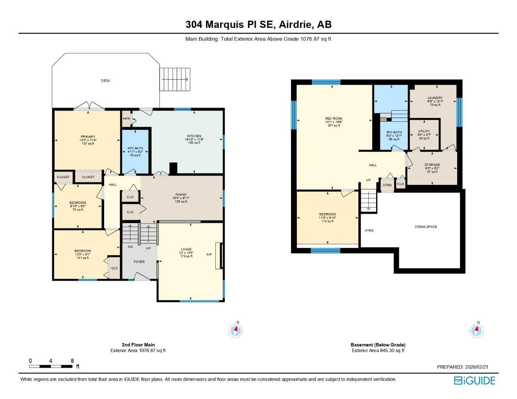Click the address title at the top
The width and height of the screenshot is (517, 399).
click(x=258, y=25)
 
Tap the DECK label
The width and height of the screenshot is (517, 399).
click(x=105, y=81)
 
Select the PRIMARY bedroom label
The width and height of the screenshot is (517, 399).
click(x=88, y=137)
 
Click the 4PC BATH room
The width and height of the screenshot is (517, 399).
click(x=135, y=152)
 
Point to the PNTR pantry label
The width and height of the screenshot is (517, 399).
click(x=126, y=118)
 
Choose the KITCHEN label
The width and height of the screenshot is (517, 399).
click(x=194, y=136)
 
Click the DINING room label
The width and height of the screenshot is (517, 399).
click(x=181, y=194)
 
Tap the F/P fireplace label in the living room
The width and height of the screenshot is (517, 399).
click(x=209, y=254)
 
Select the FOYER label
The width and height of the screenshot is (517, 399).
click(x=139, y=262)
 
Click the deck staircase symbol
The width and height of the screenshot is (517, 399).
click(x=175, y=79)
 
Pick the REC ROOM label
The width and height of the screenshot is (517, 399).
click(x=334, y=118)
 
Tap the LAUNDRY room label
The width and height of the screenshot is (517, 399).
click(x=435, y=98)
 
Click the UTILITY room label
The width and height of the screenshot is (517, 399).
click(x=424, y=131)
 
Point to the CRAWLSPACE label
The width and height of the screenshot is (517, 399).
click(x=426, y=227)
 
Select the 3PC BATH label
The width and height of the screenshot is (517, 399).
click(x=394, y=132)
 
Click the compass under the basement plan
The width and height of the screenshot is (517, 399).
click(x=476, y=330)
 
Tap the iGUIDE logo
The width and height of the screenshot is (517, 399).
click(x=474, y=380)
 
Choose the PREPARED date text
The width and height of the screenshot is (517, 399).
click(x=462, y=367)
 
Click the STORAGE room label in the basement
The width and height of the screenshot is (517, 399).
click(x=432, y=165)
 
